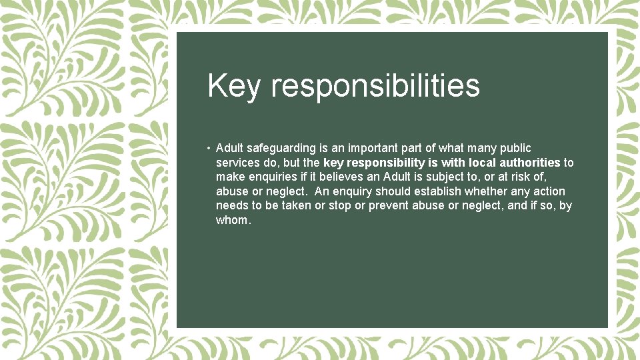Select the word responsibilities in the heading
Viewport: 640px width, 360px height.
375,87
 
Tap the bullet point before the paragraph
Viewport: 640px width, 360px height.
209,148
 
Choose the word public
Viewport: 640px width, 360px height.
515,148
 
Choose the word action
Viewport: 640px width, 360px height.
548,192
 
